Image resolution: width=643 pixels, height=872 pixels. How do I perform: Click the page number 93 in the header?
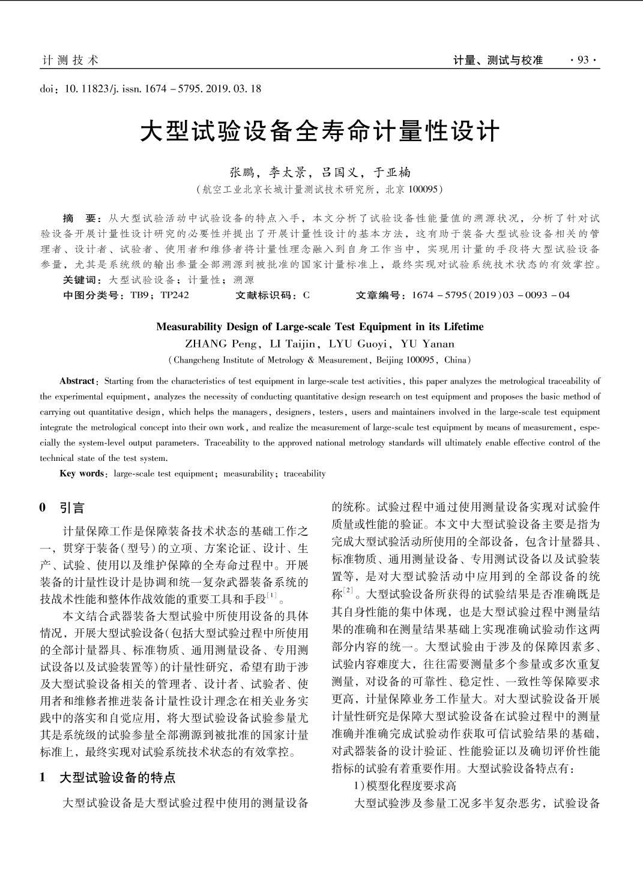pyautogui.click(x=582, y=60)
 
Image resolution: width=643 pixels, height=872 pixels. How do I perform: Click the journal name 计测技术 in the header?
pyautogui.click(x=70, y=60)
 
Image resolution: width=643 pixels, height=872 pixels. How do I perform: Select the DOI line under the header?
pyautogui.click(x=151, y=89)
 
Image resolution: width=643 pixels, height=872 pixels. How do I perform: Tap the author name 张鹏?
pyautogui.click(x=243, y=173)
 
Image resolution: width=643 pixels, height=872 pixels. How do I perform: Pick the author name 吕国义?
pyautogui.click(x=340, y=173)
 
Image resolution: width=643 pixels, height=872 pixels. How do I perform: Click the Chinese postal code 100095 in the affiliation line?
pyautogui.click(x=424, y=190)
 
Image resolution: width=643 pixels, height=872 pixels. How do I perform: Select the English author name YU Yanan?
pyautogui.click(x=427, y=344)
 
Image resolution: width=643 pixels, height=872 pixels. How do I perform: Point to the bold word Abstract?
pyautogui.click(x=77, y=381)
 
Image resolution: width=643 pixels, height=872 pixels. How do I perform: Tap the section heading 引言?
pyautogui.click(x=73, y=508)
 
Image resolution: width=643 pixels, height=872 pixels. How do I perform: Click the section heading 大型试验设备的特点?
pyautogui.click(x=118, y=778)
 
